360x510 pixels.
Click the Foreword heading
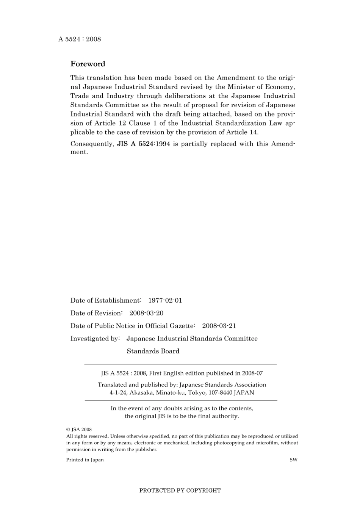pos(88,64)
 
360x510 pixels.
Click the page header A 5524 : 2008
pos(80,39)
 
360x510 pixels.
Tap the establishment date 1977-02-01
pos(165,300)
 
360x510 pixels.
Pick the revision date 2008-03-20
pos(146,313)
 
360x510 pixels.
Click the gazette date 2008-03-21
pos(219,326)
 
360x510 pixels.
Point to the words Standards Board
pos(153,351)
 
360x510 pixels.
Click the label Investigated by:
pos(95,339)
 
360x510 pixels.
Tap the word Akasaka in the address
pos(141,393)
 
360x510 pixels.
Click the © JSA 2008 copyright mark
pos(79,430)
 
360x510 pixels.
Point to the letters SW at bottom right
pos(293,460)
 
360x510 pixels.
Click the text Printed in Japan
pos(85,460)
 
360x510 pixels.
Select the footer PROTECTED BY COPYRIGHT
pos(180,490)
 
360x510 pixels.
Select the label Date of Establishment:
pos(106,300)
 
